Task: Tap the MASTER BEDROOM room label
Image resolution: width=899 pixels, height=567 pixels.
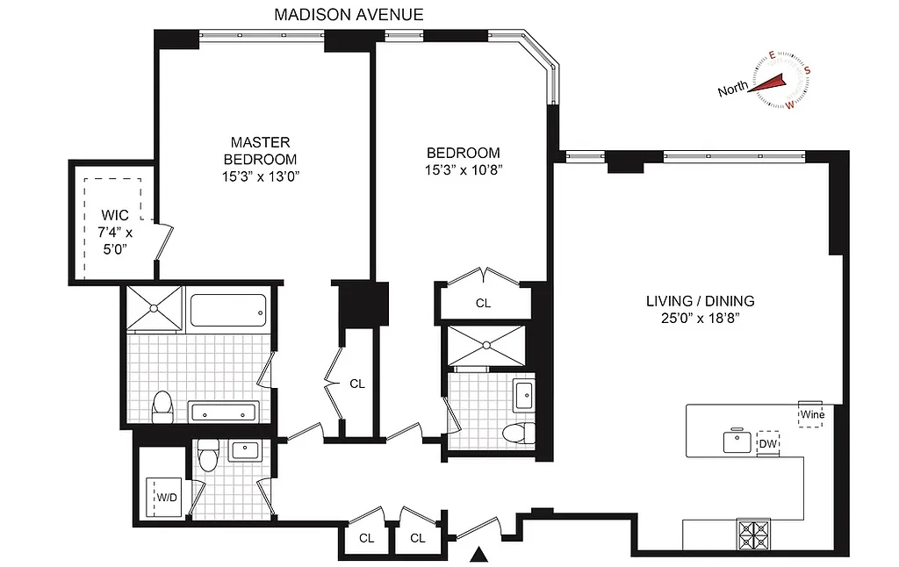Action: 260,150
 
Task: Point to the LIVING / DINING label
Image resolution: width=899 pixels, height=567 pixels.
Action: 700,301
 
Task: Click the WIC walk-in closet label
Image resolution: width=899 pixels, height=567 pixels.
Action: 115,215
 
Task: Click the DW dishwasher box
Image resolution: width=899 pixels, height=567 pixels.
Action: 768,444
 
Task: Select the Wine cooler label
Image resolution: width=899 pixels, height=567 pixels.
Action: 810,413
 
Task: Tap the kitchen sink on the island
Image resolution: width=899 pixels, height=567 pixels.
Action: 737,441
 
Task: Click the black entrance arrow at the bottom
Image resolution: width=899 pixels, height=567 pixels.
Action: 478,555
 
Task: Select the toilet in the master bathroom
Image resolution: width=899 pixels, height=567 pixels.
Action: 162,405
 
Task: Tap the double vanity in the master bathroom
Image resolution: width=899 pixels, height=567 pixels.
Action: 224,412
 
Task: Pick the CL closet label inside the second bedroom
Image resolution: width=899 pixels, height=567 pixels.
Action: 483,303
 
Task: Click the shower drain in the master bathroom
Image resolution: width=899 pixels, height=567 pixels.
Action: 155,308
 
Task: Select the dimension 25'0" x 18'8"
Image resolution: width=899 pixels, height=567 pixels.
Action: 700,319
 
